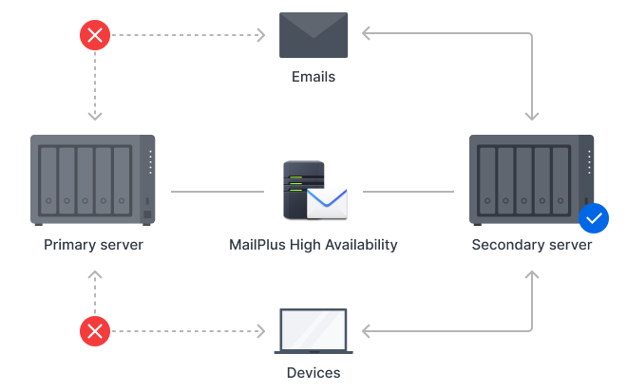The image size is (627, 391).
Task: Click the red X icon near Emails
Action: pos(94,36)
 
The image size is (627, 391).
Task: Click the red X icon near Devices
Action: pos(94,331)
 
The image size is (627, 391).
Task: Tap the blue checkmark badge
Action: pos(594,218)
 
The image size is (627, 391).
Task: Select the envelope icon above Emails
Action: pos(313,36)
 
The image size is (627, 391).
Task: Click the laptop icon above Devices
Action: pos(313,331)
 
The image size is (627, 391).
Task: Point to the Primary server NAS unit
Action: pos(93,179)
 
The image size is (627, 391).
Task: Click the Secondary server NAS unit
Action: pos(532,179)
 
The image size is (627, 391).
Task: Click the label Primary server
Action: pos(93,245)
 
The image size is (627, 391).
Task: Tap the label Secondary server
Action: pos(532,245)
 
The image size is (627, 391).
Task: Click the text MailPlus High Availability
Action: pos(313,245)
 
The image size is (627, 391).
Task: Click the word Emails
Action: pos(313,76)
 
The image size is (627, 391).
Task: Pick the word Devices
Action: pos(313,372)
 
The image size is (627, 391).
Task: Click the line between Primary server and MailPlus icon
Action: pos(217,192)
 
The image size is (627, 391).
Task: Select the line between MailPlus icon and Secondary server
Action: pos(408,192)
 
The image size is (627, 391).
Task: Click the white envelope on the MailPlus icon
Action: pos(327,203)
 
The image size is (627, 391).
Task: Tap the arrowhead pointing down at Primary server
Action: pos(94,116)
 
